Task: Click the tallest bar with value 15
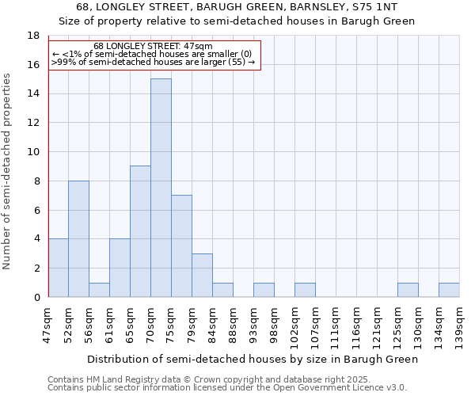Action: coord(161,188)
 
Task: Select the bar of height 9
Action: coord(140,231)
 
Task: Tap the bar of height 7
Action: coord(181,246)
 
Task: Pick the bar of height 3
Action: coord(202,275)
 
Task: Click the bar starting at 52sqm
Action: coord(78,238)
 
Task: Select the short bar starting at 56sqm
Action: coord(99,290)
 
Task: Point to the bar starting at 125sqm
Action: coord(408,290)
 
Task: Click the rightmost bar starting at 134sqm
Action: coord(449,290)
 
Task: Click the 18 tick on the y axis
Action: coord(33,36)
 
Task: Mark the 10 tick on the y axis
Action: coord(33,152)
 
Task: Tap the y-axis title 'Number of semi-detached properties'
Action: coord(8,171)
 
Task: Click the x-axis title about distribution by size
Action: coord(252,359)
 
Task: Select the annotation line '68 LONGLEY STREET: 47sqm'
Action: coord(153,47)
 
